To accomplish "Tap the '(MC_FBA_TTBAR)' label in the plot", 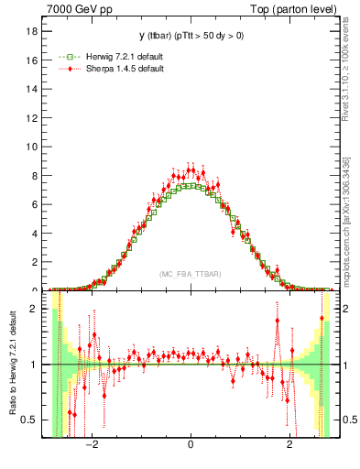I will [190, 274].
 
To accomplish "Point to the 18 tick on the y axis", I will [36, 30].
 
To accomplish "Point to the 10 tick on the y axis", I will [36, 147].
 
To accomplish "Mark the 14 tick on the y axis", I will [36, 89].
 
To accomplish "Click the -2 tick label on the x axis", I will [91, 446].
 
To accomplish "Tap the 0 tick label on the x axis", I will [191, 446].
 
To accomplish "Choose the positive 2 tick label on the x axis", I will [289, 446].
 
